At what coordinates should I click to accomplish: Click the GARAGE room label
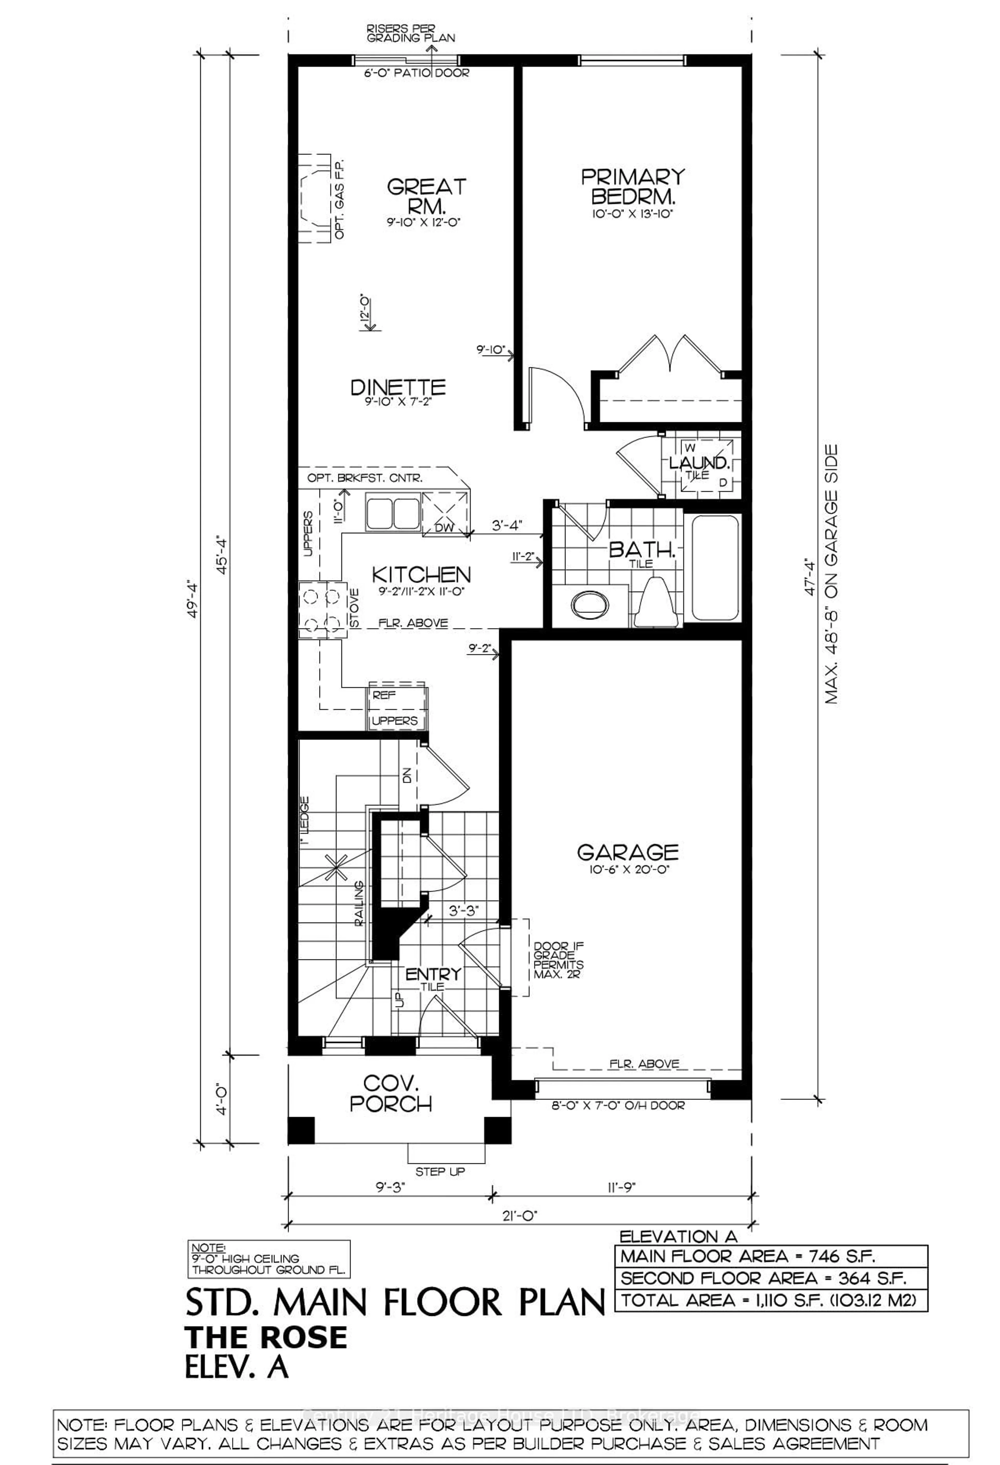click(x=627, y=852)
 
